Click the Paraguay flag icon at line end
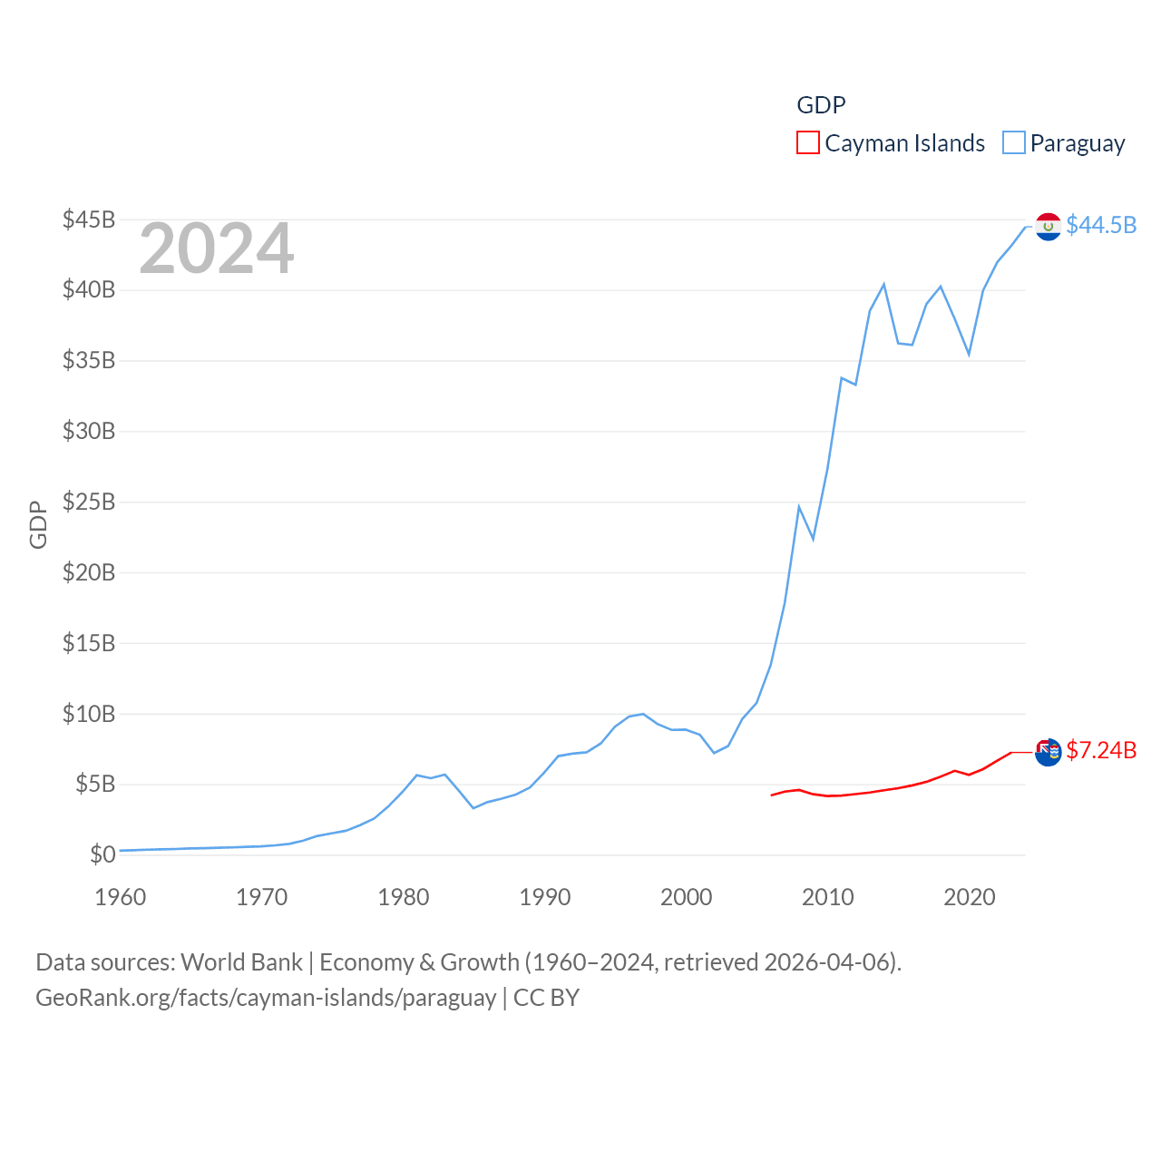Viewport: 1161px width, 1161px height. pos(1048,226)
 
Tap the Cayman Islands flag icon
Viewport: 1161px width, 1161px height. pos(1048,752)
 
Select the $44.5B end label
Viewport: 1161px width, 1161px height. pos(1101,225)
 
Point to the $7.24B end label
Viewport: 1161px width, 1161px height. pos(1101,750)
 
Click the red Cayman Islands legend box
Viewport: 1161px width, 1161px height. pos(807,143)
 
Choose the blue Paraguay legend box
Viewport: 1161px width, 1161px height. pos(1013,143)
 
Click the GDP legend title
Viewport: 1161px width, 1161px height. pos(821,105)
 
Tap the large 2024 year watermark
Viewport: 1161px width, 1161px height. pos(216,249)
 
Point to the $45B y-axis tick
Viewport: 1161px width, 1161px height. pos(89,220)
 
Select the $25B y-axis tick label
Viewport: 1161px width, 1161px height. pos(89,502)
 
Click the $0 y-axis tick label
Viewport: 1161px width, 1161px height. pos(102,854)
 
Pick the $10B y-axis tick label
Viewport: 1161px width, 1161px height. pos(89,714)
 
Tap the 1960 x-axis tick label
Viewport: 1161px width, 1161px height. pos(121,897)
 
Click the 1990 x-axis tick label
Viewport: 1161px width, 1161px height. pos(545,897)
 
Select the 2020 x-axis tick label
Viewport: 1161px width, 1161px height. pos(970,897)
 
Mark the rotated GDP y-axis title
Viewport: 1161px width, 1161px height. pos(38,524)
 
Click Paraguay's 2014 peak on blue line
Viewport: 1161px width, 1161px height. pos(883,285)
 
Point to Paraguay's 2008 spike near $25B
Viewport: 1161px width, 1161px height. pos(799,507)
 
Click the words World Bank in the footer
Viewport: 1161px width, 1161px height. pos(241,961)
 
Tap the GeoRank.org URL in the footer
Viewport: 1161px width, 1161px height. pos(266,998)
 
